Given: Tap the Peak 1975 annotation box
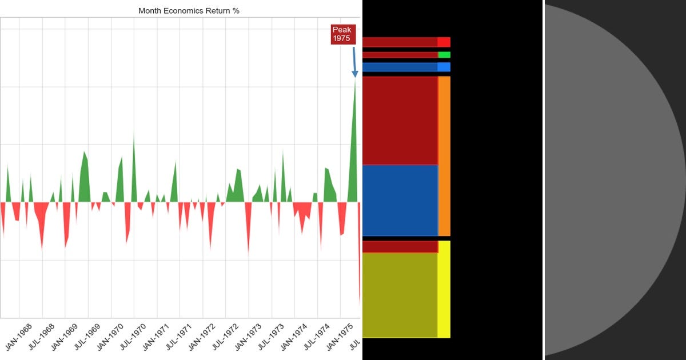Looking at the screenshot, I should point(342,34).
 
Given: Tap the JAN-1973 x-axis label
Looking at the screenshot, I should point(246,338).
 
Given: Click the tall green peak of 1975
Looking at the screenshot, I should point(354,143).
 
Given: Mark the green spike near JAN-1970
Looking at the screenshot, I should point(134,171).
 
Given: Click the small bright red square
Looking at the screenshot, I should point(444,42).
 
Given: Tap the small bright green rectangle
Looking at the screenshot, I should point(444,55).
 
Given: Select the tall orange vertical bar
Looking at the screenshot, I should point(444,155).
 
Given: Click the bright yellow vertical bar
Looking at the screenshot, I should point(444,289).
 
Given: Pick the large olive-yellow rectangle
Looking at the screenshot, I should point(400,295).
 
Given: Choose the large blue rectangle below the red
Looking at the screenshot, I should point(400,200).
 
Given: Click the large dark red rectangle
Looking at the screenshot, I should point(400,120).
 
